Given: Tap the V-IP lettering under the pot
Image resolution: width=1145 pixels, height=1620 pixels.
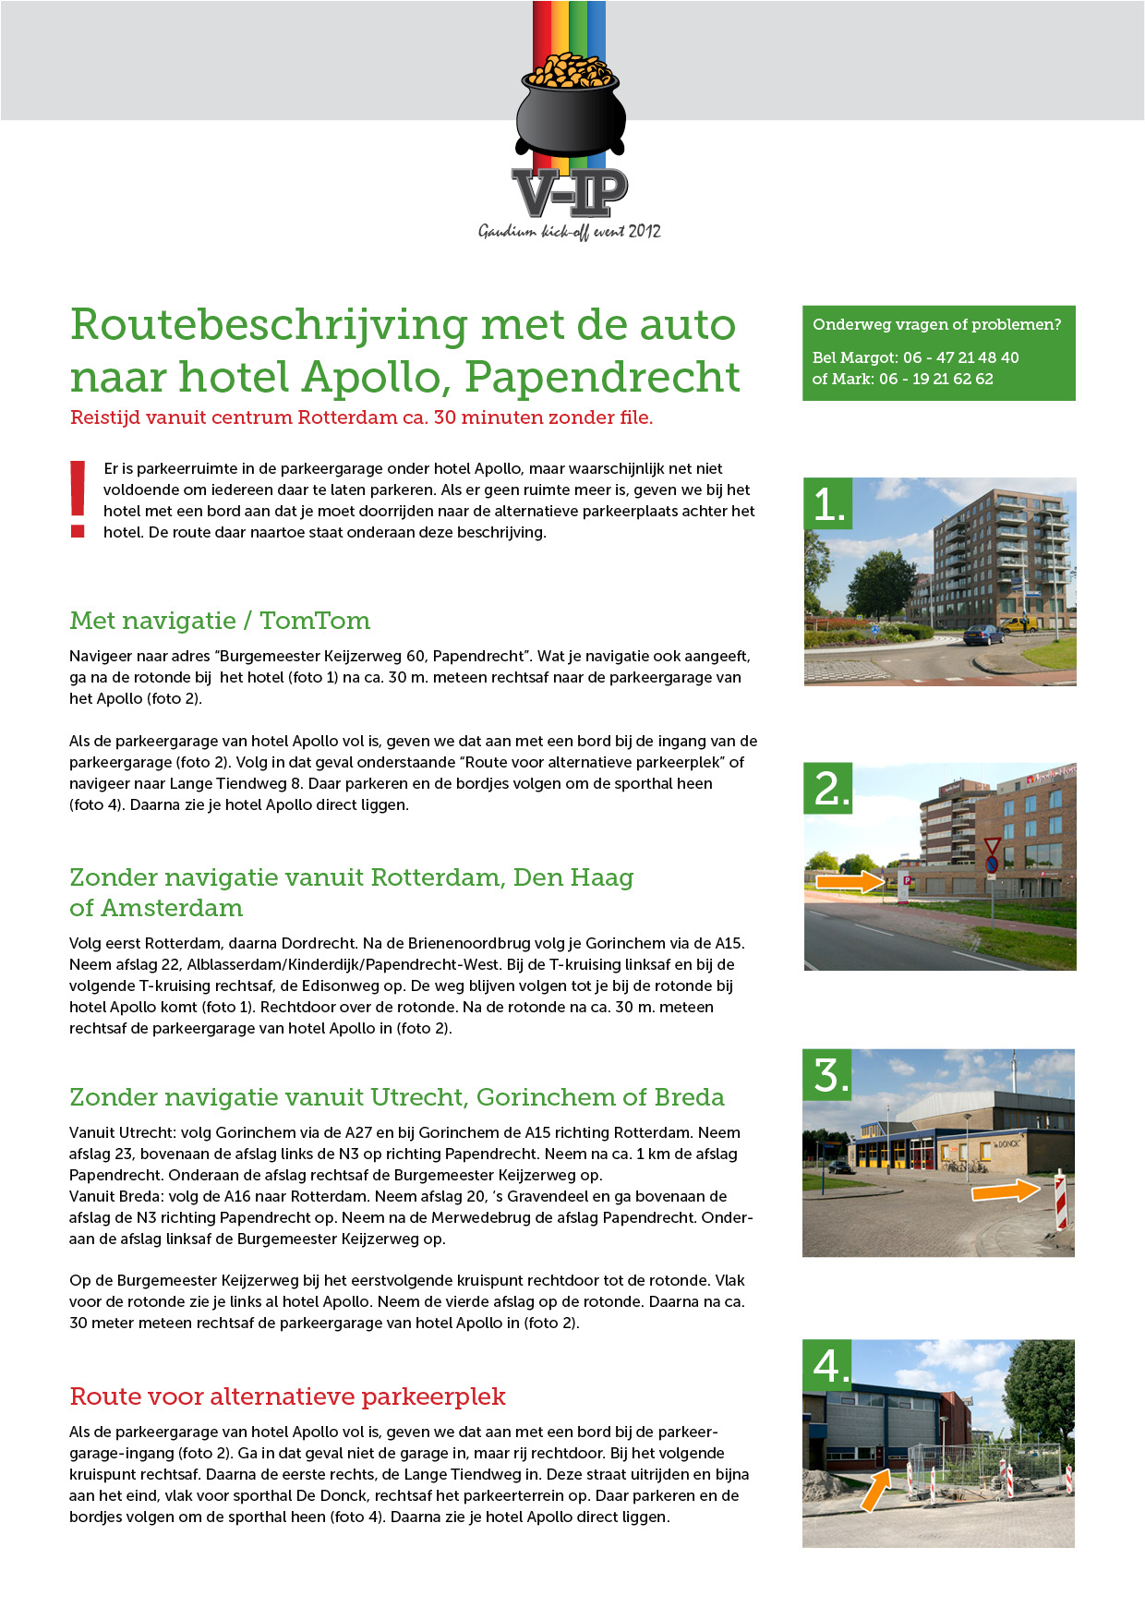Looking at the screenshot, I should (570, 193).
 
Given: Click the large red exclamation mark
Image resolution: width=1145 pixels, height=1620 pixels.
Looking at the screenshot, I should (78, 499).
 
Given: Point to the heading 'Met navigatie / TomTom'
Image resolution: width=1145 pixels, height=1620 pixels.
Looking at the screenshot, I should (220, 621).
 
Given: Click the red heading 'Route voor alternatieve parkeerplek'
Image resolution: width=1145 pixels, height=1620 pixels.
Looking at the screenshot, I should (287, 1396).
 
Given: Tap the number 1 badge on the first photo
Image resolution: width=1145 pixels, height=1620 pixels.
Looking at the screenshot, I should (828, 503).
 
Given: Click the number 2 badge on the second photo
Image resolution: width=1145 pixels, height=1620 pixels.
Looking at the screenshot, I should (829, 789).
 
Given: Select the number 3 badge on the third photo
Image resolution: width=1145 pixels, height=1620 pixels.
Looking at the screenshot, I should (828, 1075).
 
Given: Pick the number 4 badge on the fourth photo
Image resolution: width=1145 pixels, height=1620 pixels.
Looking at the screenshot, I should (828, 1365).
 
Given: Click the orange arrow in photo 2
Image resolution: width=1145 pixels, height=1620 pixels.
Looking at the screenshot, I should (850, 882).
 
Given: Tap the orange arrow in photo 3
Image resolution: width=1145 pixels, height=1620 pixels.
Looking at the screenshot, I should (1005, 1191).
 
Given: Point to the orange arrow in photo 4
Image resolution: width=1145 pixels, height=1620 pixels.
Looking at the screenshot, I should (875, 1490).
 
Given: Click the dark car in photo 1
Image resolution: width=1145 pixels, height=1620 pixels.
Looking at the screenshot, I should (982, 635).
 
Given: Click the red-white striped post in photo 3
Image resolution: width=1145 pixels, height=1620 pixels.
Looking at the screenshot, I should (1061, 1201).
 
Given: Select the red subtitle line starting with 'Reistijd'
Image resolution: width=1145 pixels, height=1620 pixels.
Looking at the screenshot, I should (361, 417).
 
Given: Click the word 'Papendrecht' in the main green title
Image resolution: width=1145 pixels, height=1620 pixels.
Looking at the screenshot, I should (602, 377).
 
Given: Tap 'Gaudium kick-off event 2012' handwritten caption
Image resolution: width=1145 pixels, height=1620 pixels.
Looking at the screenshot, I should (570, 232).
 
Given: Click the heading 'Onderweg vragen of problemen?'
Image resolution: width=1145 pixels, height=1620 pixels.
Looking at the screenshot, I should (936, 324).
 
